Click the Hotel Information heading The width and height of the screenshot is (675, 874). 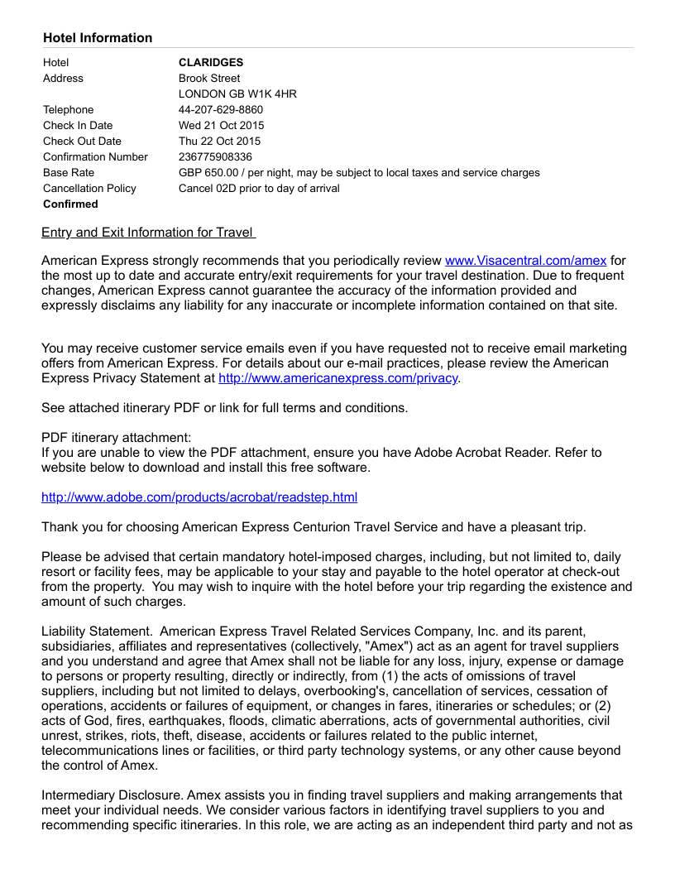coord(98,38)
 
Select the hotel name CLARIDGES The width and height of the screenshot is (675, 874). coord(211,63)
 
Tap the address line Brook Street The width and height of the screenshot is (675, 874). coord(209,79)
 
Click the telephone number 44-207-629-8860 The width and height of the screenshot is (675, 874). coord(221,110)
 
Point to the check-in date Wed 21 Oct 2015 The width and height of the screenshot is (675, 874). coord(221,126)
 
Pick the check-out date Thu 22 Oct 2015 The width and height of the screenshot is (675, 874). coord(219,142)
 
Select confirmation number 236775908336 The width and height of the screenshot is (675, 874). coord(215,157)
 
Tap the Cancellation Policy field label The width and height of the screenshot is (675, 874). coord(89,189)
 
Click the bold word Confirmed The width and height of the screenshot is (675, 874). coord(70,204)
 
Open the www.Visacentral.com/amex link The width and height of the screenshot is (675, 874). coord(525,261)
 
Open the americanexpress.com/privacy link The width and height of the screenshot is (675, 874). coord(337,378)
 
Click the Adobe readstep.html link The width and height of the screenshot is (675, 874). coord(199,497)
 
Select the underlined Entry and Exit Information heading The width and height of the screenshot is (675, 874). coord(148,233)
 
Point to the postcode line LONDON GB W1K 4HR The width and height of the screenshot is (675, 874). coord(237,94)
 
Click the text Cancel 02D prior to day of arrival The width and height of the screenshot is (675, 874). coord(259,189)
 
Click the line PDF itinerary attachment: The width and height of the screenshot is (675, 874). coord(116,437)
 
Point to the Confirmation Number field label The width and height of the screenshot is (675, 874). coord(95,157)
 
